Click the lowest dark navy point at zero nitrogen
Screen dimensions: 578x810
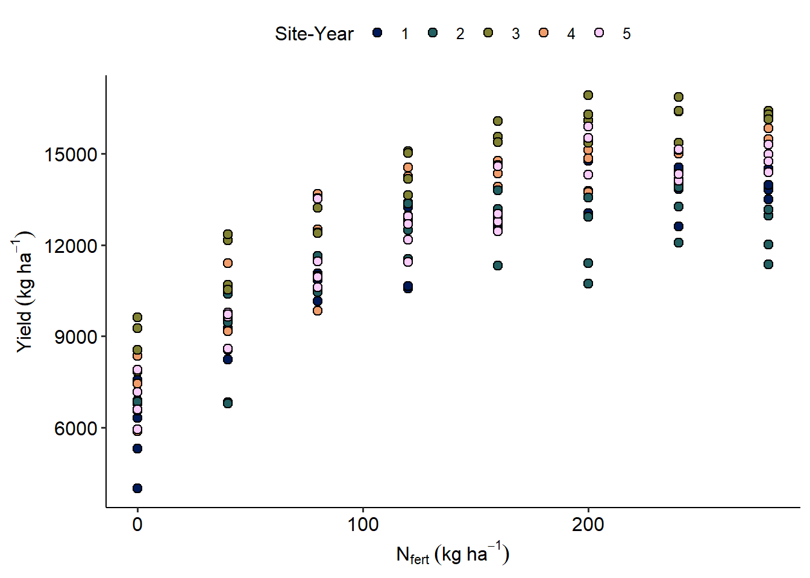click(x=137, y=488)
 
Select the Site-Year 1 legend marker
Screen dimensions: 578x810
click(x=377, y=33)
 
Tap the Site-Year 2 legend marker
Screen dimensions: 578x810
click(x=433, y=33)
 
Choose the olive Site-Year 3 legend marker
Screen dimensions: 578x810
click(x=488, y=33)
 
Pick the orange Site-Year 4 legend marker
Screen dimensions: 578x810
click(x=544, y=33)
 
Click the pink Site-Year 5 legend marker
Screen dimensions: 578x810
click(x=599, y=33)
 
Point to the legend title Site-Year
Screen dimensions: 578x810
click(x=314, y=34)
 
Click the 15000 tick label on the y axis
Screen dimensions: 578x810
click(x=71, y=155)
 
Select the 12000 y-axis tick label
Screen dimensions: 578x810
click(x=71, y=246)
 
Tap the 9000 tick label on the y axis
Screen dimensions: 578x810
click(x=76, y=337)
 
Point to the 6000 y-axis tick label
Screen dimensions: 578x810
click(x=76, y=429)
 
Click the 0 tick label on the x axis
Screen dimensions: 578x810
click(x=137, y=524)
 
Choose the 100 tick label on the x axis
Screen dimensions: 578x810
click(x=363, y=524)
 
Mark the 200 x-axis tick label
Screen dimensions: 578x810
click(x=588, y=524)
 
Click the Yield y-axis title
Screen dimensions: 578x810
click(x=24, y=291)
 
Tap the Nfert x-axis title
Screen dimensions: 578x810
click(x=453, y=554)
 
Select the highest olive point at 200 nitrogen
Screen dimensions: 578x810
click(x=588, y=95)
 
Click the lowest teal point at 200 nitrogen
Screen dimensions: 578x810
click(x=588, y=284)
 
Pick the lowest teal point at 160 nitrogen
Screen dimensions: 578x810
click(x=498, y=266)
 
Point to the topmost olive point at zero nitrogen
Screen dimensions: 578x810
click(x=137, y=317)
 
